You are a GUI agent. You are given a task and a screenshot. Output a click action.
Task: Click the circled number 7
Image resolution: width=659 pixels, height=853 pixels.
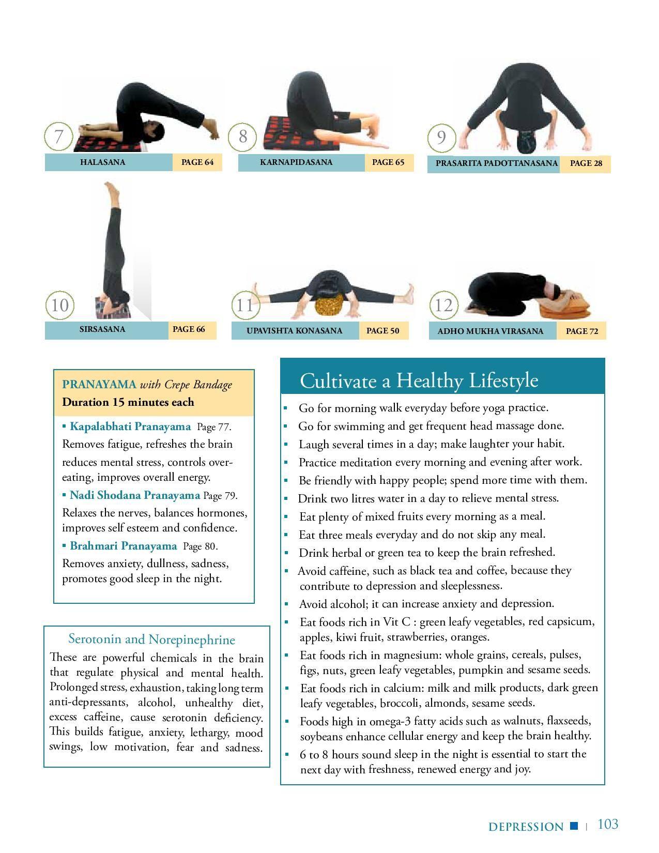click(59, 136)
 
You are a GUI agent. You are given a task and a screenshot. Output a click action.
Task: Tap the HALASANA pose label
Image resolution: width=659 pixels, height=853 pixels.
click(102, 162)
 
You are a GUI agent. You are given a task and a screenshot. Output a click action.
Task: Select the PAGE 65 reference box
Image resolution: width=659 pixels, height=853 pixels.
click(389, 162)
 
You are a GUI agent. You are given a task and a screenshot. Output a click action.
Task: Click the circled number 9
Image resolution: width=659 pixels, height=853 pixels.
click(441, 138)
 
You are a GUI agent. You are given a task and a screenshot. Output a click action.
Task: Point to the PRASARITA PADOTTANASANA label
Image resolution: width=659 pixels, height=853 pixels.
click(497, 163)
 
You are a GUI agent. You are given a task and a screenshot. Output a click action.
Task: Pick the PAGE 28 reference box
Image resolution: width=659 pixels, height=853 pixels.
click(585, 164)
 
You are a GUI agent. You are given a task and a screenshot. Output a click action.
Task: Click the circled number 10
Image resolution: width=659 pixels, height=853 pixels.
click(59, 306)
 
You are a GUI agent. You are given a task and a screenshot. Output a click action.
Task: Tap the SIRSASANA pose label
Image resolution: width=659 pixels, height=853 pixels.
click(102, 329)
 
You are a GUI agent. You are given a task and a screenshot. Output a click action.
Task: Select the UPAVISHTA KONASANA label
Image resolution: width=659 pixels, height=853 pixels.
click(295, 331)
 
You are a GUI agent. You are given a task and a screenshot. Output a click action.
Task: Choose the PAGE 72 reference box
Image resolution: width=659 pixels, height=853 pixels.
click(581, 331)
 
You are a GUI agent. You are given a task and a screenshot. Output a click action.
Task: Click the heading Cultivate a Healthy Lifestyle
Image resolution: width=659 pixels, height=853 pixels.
click(419, 380)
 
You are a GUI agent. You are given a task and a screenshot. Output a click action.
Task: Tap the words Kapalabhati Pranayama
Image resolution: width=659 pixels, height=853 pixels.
click(130, 426)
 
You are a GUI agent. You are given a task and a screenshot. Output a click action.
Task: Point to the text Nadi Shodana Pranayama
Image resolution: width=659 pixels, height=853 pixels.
click(135, 495)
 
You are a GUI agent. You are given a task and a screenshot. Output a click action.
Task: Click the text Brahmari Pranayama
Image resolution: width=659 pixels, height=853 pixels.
click(123, 545)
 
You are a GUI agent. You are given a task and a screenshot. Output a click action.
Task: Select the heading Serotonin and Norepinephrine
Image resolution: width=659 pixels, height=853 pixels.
click(151, 639)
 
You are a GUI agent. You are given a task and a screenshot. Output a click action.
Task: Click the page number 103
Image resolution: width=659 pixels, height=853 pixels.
click(608, 824)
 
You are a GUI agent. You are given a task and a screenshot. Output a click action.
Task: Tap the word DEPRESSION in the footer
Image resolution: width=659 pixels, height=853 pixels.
click(526, 826)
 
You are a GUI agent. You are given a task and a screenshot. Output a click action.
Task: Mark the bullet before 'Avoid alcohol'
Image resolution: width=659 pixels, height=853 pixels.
click(287, 604)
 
